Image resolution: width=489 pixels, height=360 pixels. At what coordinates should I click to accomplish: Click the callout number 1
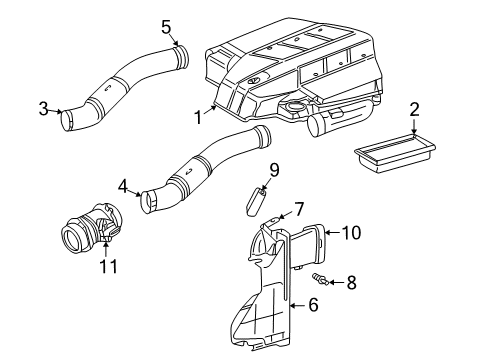click(199, 117)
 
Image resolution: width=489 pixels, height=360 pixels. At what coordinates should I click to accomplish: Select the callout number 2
click(415, 110)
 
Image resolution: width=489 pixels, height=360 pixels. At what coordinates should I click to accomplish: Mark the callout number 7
click(297, 209)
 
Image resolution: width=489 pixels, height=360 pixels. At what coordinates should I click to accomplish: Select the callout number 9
click(273, 170)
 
